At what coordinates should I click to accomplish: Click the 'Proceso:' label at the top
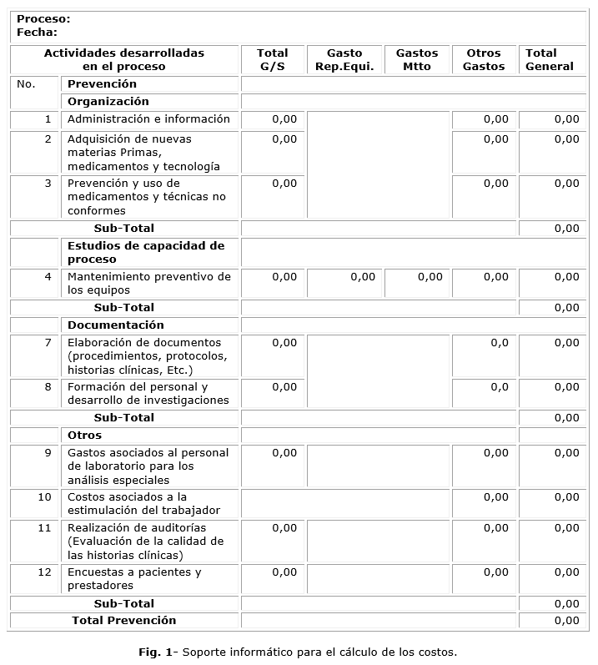click(43, 18)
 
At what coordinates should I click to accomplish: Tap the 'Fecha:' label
click(37, 33)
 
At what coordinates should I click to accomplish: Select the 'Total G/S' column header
click(273, 59)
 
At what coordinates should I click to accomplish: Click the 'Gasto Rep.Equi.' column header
click(344, 59)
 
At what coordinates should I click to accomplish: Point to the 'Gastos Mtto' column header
click(417, 59)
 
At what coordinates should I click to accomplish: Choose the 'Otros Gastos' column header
click(484, 59)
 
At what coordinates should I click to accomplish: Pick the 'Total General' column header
click(550, 59)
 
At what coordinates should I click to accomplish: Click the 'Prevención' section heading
click(102, 84)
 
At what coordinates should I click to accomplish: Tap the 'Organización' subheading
click(108, 102)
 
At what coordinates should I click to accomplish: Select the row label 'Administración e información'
click(148, 119)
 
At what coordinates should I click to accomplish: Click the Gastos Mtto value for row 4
click(430, 276)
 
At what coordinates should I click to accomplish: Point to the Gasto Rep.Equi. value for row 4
click(362, 276)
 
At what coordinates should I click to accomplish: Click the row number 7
click(48, 343)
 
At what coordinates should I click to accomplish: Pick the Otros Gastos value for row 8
click(499, 387)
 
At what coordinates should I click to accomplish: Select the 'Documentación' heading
click(116, 325)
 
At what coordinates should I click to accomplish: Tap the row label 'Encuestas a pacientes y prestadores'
click(134, 578)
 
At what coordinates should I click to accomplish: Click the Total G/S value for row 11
click(284, 528)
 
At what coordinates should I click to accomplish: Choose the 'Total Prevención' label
click(124, 621)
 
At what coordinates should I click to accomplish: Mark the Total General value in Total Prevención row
click(566, 621)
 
